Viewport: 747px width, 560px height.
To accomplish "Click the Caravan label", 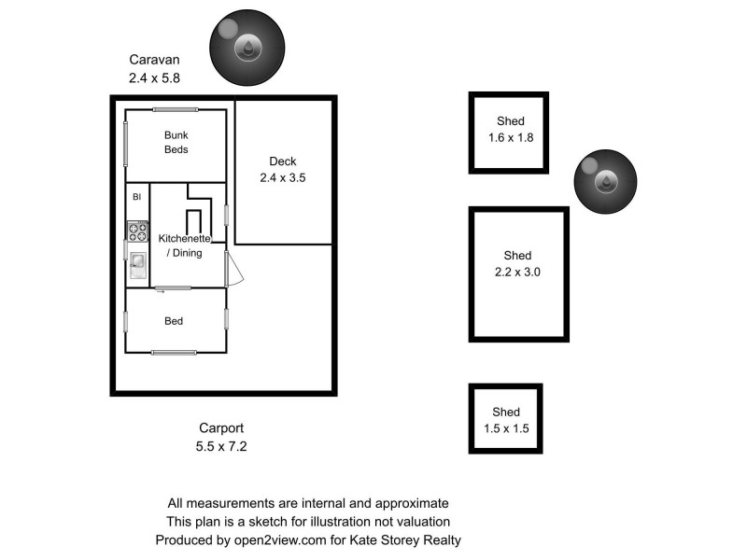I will (x=153, y=60).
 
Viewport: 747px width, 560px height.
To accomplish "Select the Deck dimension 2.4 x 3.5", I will (x=283, y=177).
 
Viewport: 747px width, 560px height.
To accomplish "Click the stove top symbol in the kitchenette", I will (x=137, y=231).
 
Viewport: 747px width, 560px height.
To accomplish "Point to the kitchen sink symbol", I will (x=137, y=264).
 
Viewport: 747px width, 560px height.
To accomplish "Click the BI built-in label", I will (x=136, y=197).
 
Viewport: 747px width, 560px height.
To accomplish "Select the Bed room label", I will (x=174, y=321).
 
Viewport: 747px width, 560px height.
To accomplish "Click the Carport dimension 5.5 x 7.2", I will (x=221, y=447).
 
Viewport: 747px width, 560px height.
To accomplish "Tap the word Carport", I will (x=220, y=430).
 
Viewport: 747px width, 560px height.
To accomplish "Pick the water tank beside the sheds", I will (x=606, y=180).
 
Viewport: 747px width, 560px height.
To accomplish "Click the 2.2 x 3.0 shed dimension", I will (x=517, y=273).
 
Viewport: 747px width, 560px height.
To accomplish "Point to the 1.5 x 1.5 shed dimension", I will (x=506, y=428).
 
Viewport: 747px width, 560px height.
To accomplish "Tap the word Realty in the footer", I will (x=440, y=539).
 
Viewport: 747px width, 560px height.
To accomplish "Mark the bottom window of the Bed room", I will (x=175, y=352).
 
